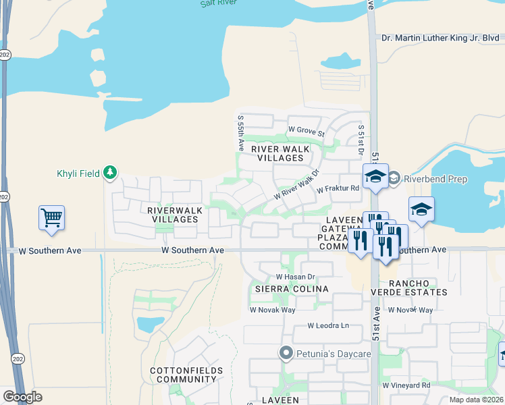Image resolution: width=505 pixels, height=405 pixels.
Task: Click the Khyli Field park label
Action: click(x=78, y=173)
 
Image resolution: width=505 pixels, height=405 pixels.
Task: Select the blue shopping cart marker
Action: click(x=51, y=218)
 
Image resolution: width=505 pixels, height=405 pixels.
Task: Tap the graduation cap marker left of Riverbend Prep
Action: click(x=375, y=177)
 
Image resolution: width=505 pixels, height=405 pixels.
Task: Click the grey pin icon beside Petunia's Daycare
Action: click(x=286, y=353)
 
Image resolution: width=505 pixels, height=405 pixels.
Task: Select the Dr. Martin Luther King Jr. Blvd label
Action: click(x=440, y=38)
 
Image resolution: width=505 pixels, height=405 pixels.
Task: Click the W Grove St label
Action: click(x=307, y=130)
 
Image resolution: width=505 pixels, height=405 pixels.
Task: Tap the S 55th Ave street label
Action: click(x=240, y=132)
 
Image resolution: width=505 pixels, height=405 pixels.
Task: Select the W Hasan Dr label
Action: click(x=296, y=277)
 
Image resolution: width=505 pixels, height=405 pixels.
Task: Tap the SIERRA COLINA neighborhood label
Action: click(x=291, y=289)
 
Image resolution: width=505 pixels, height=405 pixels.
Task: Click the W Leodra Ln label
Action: click(x=328, y=325)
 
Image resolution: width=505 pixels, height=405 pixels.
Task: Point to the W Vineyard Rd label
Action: click(x=406, y=385)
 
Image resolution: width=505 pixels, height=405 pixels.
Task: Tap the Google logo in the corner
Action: click(x=22, y=396)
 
